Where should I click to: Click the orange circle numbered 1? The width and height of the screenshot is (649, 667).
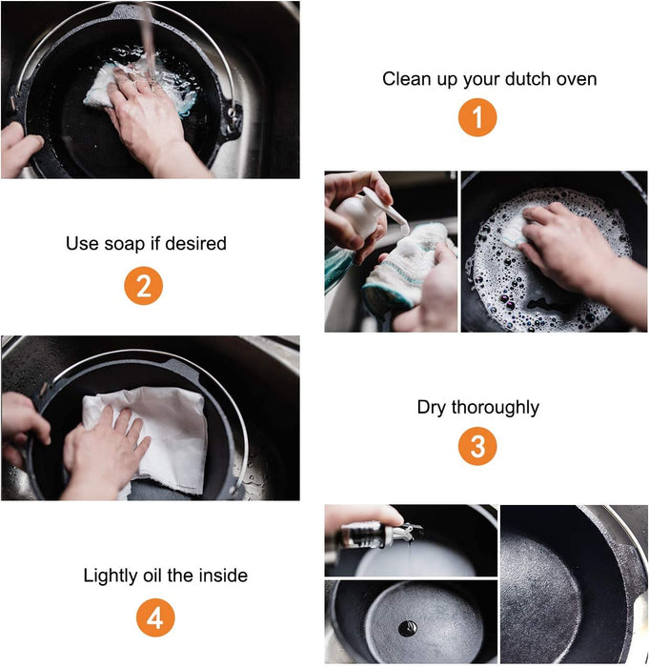pos(477,117)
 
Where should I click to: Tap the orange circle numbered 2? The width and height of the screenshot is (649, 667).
pos(143,286)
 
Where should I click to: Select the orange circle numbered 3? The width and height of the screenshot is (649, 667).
pos(477,446)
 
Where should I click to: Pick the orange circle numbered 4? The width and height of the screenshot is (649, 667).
pos(155,617)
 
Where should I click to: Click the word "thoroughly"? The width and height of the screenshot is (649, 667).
pos(495,408)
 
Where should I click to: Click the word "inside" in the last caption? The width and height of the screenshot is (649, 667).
pos(223,576)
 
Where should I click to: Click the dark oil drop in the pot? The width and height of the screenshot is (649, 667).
pos(407,628)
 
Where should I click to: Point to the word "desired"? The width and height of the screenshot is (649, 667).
pos(195,244)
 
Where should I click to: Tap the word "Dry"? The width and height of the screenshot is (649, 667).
pos(432,408)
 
